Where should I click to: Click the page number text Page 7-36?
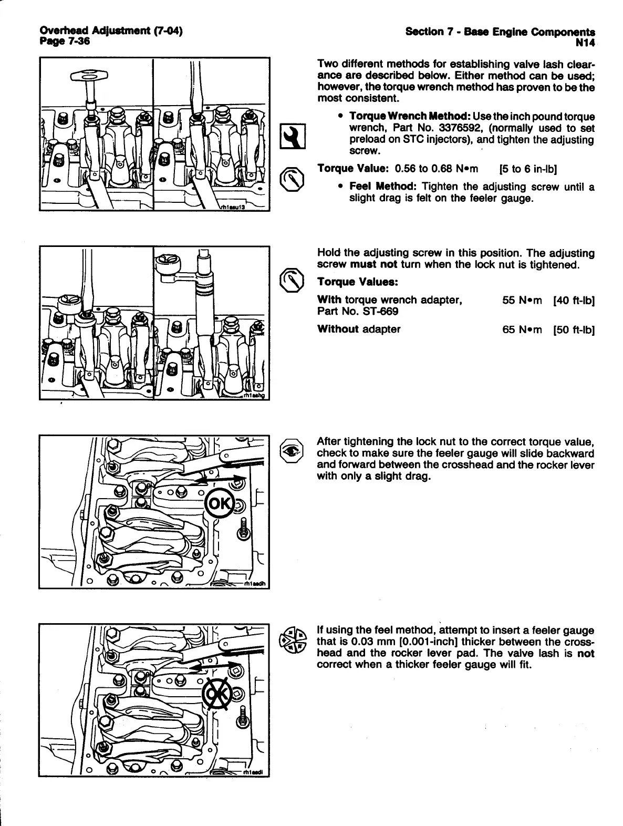click(x=65, y=41)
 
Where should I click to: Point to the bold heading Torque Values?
click(x=358, y=282)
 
